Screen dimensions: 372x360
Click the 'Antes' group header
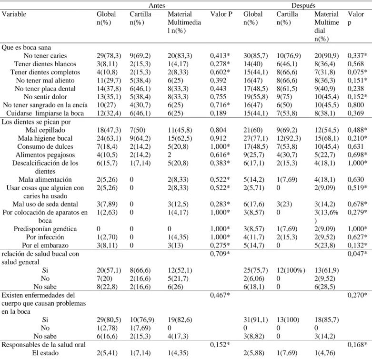point(157,5)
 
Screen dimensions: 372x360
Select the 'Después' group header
point(303,5)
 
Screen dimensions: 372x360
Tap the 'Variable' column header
point(14,14)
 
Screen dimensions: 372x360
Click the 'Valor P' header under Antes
point(221,14)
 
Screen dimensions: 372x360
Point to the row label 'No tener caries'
point(45,56)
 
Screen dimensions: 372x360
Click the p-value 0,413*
point(220,56)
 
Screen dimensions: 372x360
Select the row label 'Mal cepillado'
point(45,130)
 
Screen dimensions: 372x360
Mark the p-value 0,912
point(218,138)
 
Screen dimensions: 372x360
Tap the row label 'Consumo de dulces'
point(45,146)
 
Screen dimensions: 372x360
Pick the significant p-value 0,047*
point(357,254)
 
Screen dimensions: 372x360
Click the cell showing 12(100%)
point(291,270)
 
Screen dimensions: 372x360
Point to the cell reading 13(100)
point(288,319)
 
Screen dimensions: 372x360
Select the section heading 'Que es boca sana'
point(26,47)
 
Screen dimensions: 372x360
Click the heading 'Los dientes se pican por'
point(36,122)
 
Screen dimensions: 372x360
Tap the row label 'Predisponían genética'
point(45,229)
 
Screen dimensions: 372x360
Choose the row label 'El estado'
point(45,353)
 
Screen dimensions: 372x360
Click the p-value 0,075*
point(357,72)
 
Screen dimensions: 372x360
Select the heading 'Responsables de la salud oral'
point(43,345)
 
